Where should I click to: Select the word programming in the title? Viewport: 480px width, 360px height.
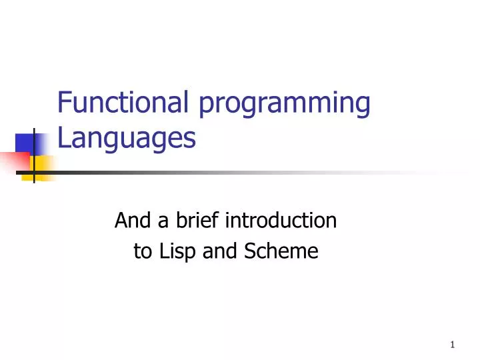pyautogui.click(x=283, y=105)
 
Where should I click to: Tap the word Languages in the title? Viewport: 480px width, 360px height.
pyautogui.click(x=127, y=139)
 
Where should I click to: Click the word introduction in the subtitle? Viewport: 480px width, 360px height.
pyautogui.click(x=282, y=219)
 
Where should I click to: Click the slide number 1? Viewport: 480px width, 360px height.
pyautogui.click(x=452, y=345)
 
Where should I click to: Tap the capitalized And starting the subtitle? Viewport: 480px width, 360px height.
pyautogui.click(x=129, y=219)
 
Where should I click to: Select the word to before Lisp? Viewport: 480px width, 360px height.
pyautogui.click(x=142, y=252)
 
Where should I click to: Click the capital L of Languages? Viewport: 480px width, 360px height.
pyautogui.click(x=64, y=138)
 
